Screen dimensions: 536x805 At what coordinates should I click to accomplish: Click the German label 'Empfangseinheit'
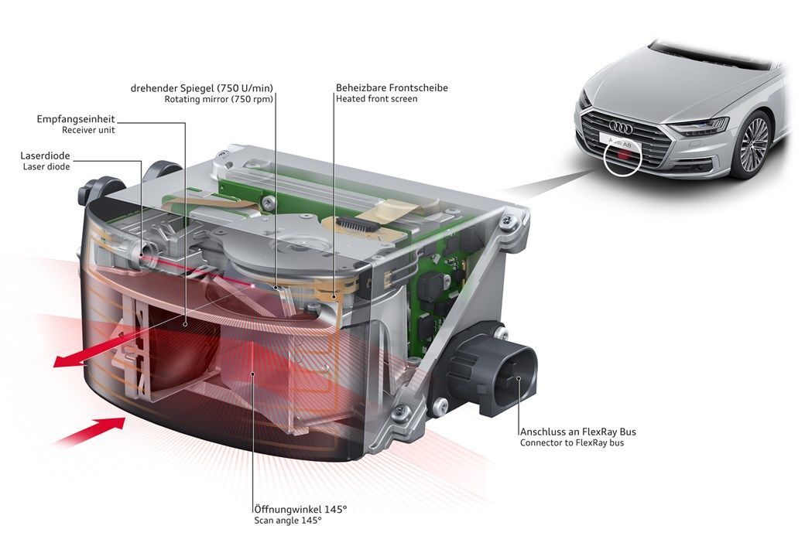point(77,119)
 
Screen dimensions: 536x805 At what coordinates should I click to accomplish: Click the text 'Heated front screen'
point(376,99)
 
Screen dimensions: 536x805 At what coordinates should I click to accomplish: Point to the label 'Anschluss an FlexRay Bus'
point(577,431)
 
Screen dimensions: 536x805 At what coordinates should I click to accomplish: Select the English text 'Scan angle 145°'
point(287,521)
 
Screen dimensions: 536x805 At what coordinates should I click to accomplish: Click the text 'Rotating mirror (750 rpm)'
point(219,99)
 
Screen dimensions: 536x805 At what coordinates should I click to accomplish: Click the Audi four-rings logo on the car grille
point(622,125)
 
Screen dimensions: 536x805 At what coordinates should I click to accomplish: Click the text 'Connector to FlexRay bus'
point(572,442)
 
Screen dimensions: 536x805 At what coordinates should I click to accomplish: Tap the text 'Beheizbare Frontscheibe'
point(392,87)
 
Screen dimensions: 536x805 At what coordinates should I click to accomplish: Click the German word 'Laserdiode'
point(46,155)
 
